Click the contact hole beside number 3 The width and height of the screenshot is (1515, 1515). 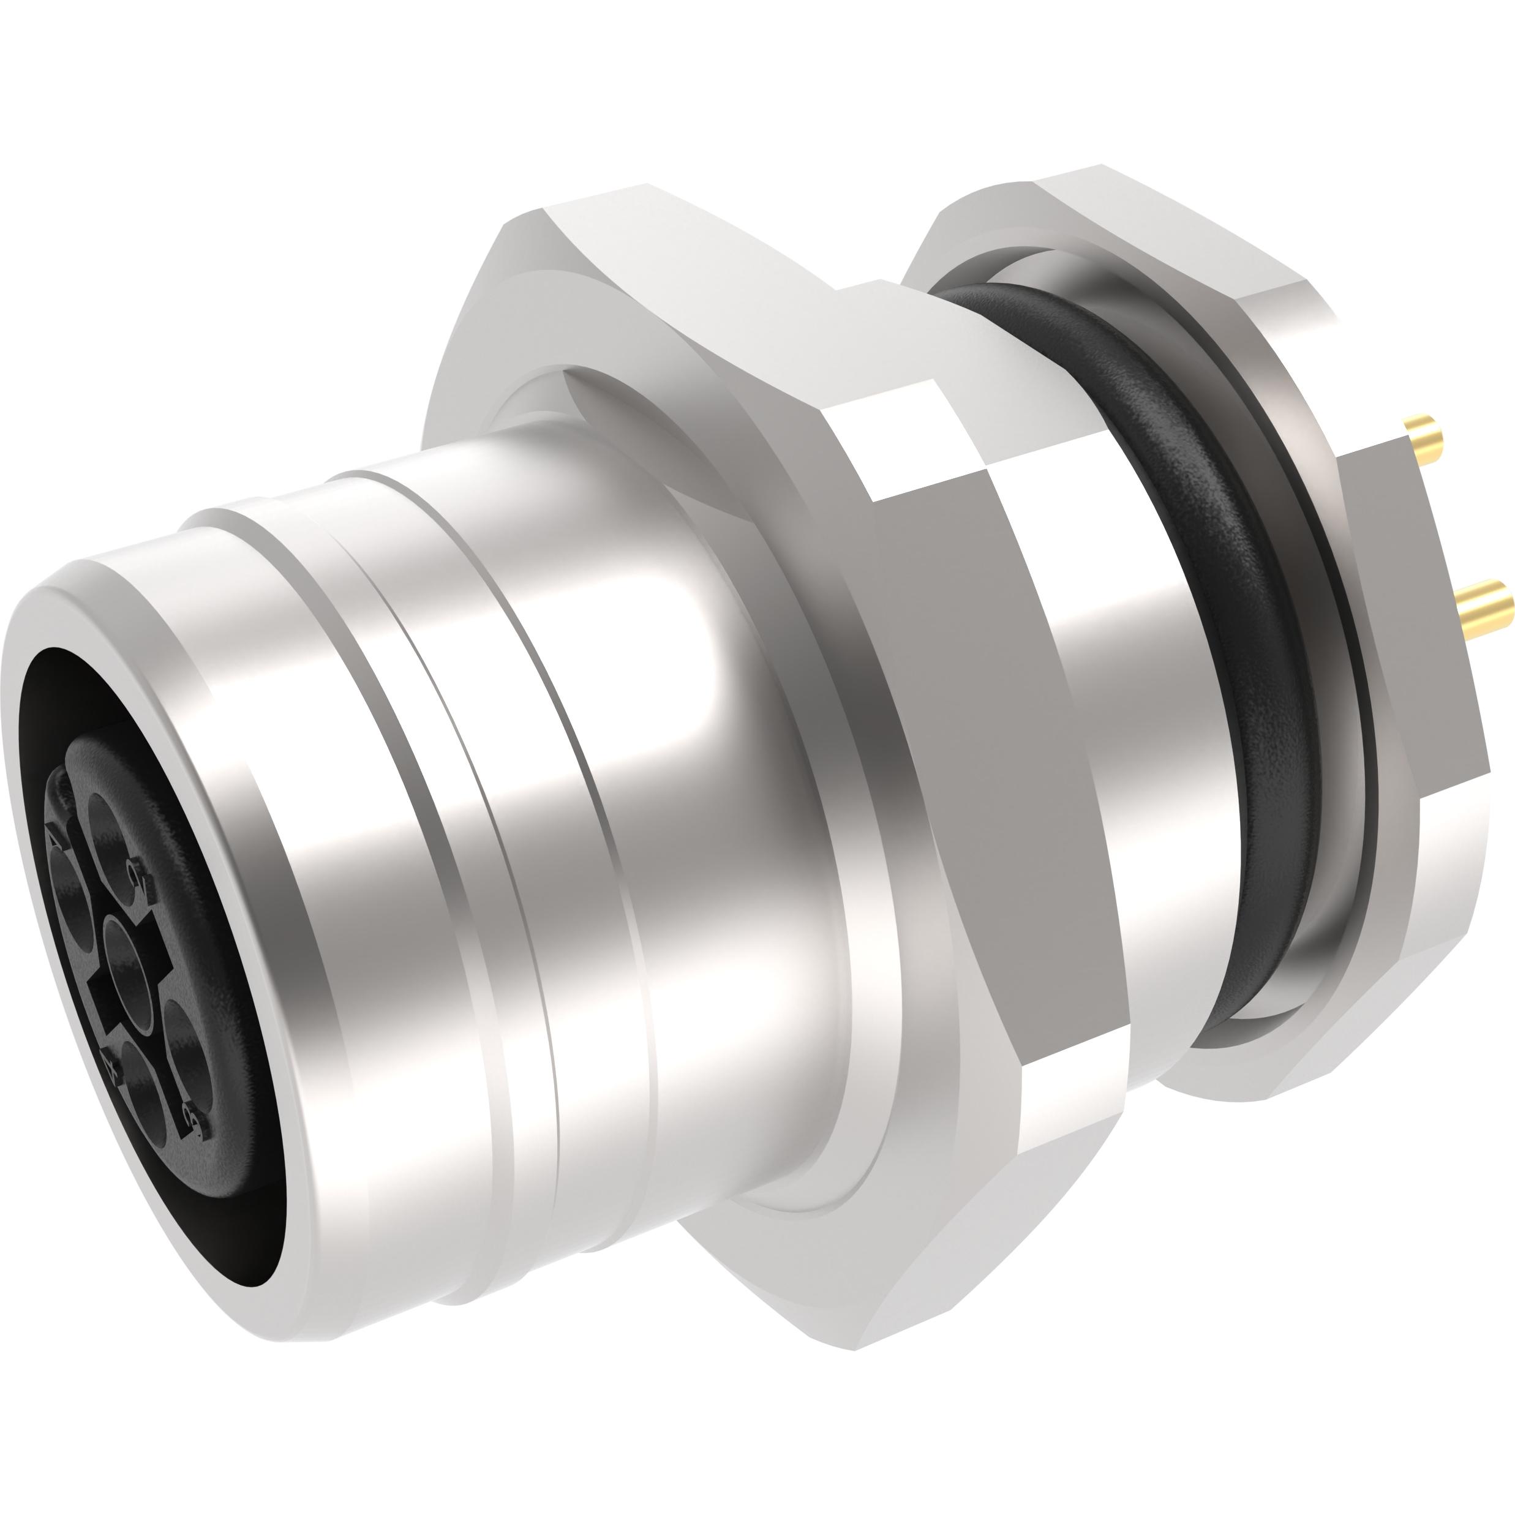(x=187, y=1054)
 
